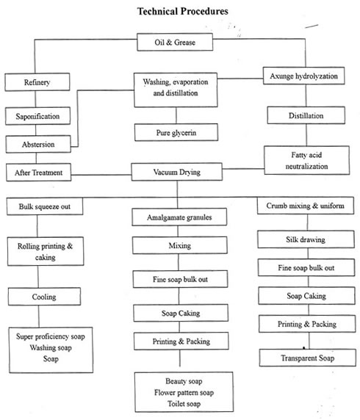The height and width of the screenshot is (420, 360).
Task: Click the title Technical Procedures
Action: [x=182, y=11]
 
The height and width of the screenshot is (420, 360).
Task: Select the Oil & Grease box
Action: [x=175, y=42]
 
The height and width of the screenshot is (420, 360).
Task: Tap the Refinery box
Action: [x=37, y=82]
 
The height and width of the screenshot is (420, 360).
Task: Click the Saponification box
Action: [x=37, y=116]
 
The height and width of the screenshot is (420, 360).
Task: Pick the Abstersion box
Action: [x=38, y=145]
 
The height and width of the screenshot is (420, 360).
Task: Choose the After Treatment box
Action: [x=39, y=173]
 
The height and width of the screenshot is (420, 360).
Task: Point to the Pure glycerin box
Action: [x=176, y=132]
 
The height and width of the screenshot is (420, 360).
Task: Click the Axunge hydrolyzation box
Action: [x=303, y=76]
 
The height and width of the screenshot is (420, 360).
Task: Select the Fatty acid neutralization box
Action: [x=306, y=161]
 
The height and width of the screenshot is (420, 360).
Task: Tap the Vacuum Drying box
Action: [x=176, y=172]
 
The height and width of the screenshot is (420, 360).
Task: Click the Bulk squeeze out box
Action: [x=45, y=206]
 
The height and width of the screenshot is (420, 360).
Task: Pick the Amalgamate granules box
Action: [x=179, y=217]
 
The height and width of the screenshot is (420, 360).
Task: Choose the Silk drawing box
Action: [x=306, y=239]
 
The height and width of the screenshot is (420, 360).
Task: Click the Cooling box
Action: [x=44, y=297]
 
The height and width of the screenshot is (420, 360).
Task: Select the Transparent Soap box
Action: [x=307, y=358]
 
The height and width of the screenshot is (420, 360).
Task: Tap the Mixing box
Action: [x=179, y=245]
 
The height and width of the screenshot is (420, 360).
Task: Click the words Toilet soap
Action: [x=184, y=404]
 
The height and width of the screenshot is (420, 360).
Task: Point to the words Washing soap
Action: [x=51, y=348]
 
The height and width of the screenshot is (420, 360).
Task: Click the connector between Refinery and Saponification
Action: [x=36, y=99]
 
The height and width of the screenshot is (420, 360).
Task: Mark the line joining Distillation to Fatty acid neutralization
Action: [x=306, y=134]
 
